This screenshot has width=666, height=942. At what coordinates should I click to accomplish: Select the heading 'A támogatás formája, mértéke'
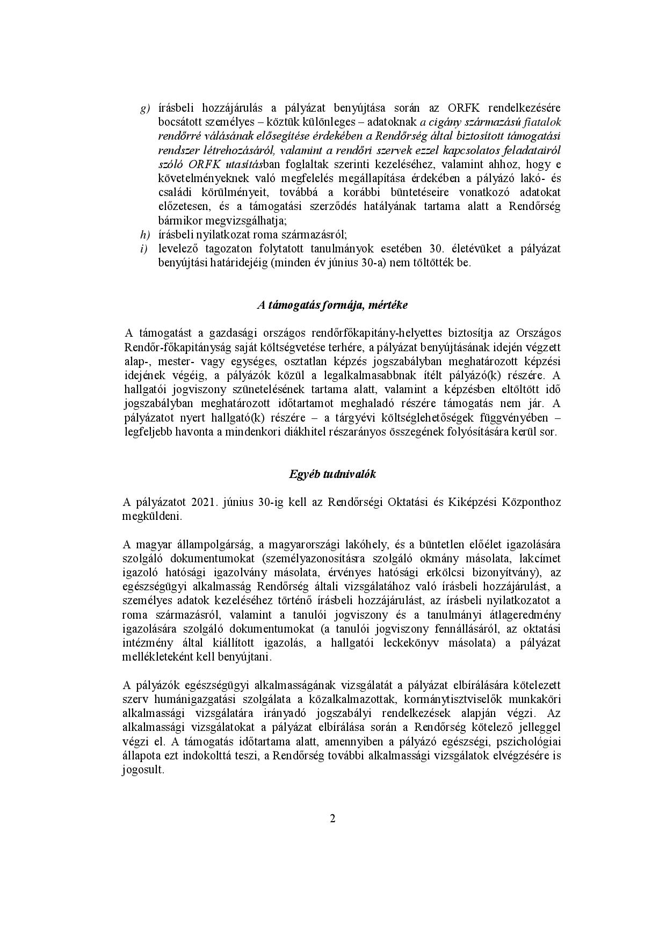click(332, 305)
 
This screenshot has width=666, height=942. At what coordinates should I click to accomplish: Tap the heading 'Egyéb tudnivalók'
click(332, 474)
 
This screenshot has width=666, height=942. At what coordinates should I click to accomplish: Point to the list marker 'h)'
click(144, 235)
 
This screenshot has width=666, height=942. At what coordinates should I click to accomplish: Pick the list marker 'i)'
click(143, 249)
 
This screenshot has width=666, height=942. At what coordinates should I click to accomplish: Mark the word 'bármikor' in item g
click(180, 220)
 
